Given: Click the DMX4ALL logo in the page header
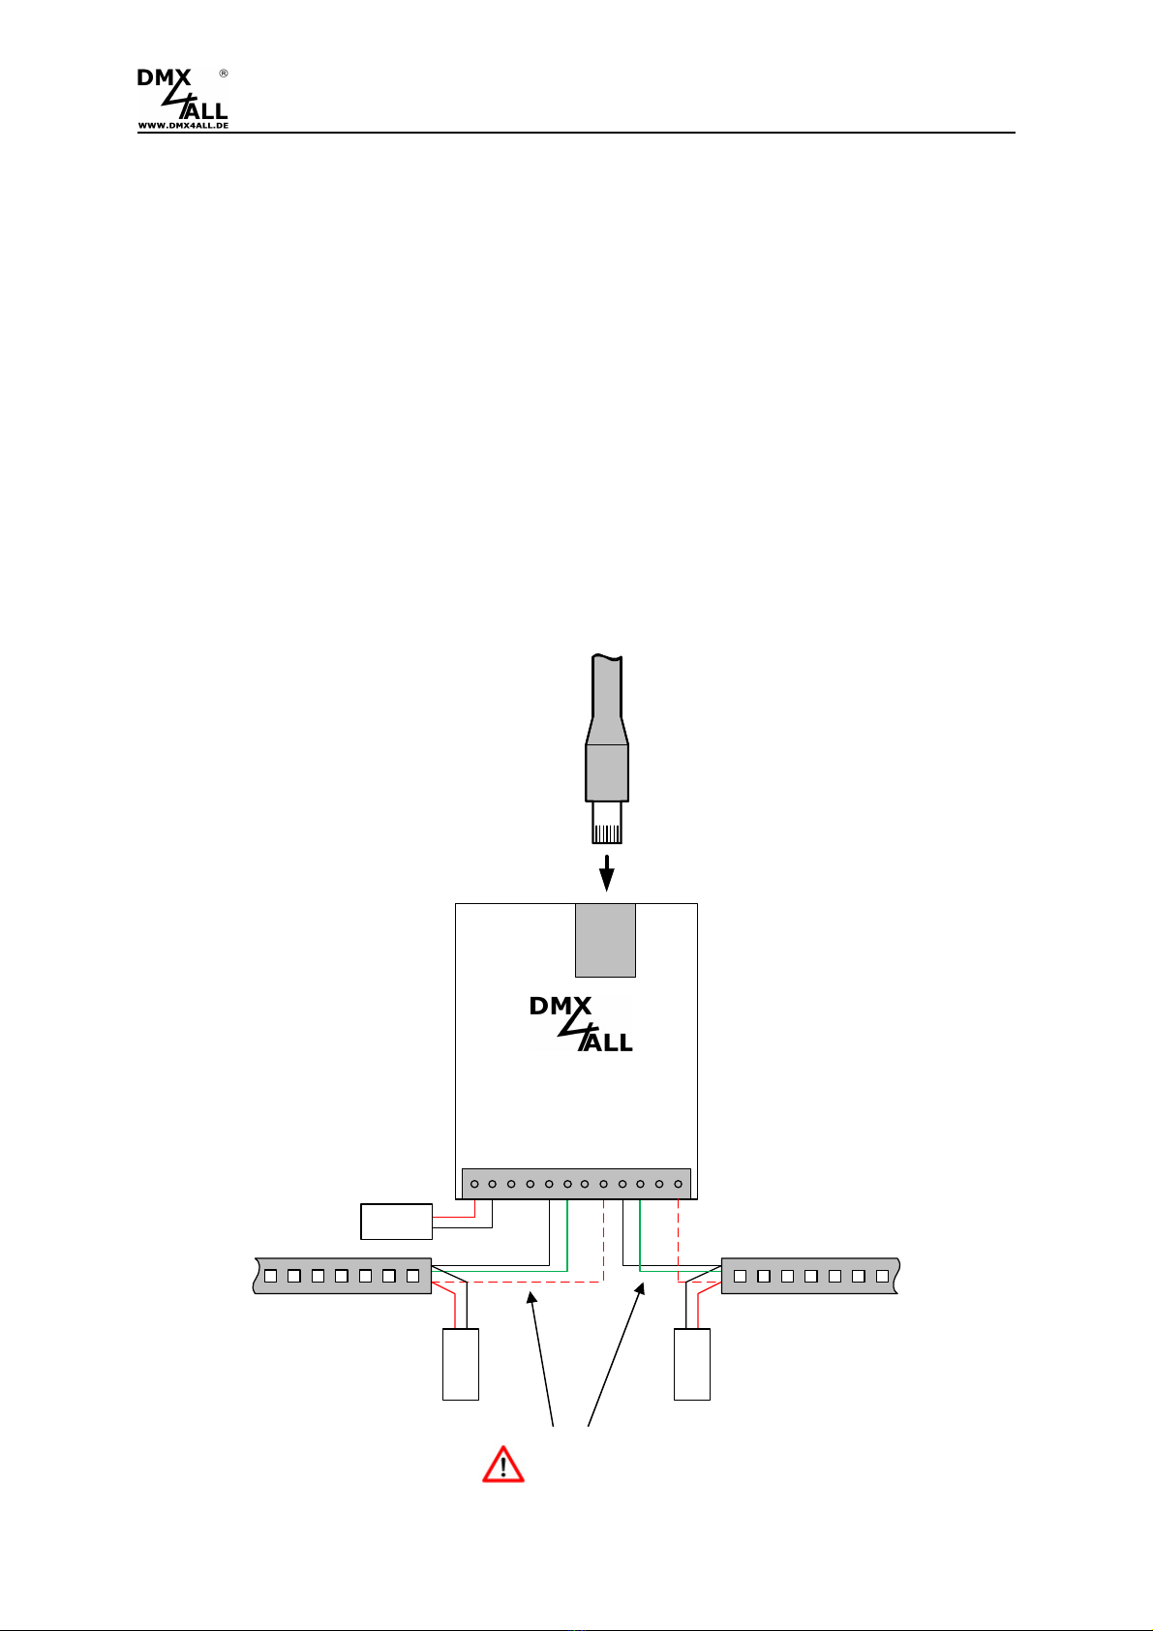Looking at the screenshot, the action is (x=182, y=99).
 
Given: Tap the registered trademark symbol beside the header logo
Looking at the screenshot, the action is (x=224, y=74).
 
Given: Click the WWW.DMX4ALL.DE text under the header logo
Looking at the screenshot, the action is (x=183, y=125).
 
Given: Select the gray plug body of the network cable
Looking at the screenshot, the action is (x=607, y=772).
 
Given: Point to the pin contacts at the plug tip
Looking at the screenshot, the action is (x=607, y=833).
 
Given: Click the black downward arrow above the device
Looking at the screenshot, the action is (x=607, y=873).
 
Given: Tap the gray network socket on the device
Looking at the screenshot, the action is (x=605, y=940).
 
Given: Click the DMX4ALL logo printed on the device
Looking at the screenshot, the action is (x=581, y=1024).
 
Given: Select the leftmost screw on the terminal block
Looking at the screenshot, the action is (x=474, y=1184).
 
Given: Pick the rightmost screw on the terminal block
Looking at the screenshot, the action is (x=678, y=1184).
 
